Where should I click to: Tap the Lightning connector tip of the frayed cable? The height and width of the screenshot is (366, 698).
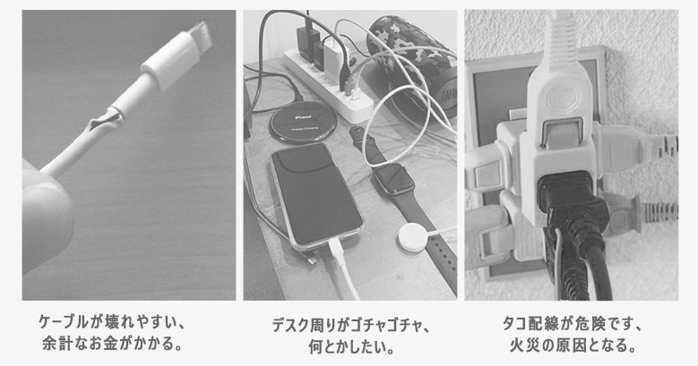coord(200,36)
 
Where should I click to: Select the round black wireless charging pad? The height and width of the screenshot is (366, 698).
coord(303,123)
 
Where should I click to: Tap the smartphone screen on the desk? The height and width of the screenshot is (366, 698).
coord(316,193)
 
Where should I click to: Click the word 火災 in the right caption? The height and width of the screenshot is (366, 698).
coord(526,345)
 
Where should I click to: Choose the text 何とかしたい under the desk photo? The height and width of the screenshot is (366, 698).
coord(346,347)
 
